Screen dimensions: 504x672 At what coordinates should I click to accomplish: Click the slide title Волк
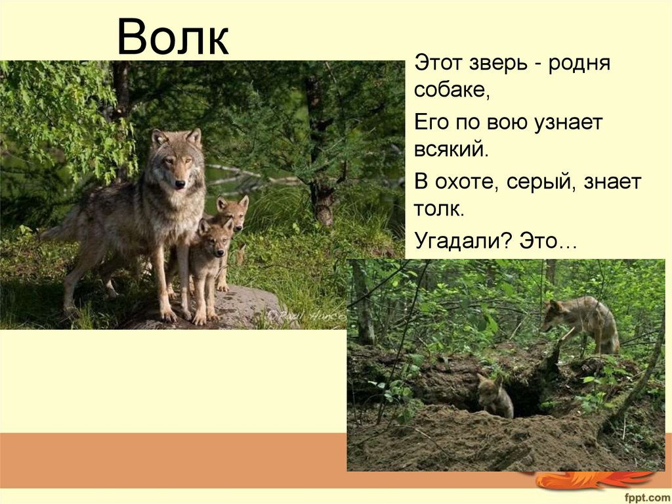[x=173, y=37]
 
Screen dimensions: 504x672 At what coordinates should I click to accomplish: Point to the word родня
[x=579, y=64]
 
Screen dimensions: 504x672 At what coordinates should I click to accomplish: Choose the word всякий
[x=451, y=150]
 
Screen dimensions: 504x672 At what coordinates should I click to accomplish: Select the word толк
[x=439, y=210]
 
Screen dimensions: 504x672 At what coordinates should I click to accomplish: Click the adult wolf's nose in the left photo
[x=180, y=184]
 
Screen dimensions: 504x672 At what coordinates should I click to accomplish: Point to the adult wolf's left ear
[x=194, y=137]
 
